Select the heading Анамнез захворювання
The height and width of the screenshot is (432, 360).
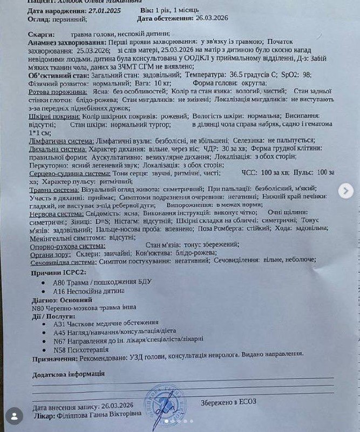[x=60, y=42]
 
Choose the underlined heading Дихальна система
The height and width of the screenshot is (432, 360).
[x=58, y=148]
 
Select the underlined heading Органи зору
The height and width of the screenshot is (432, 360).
[x=49, y=253]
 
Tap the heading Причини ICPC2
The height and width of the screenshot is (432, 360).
[x=57, y=273]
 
